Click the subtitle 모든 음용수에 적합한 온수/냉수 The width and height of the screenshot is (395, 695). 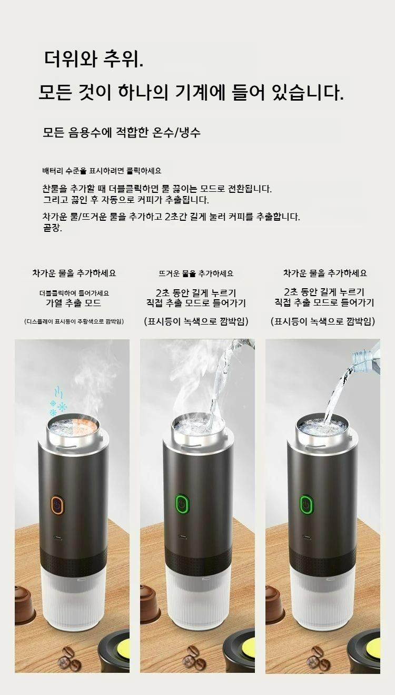click(x=122, y=132)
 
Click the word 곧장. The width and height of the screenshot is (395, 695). click(x=52, y=228)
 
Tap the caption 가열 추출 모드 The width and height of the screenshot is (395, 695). click(x=74, y=303)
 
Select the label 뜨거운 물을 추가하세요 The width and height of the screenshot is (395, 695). click(x=196, y=273)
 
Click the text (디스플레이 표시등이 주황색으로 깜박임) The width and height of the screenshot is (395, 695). click(x=74, y=321)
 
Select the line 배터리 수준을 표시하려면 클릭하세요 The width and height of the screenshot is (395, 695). click(x=102, y=171)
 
